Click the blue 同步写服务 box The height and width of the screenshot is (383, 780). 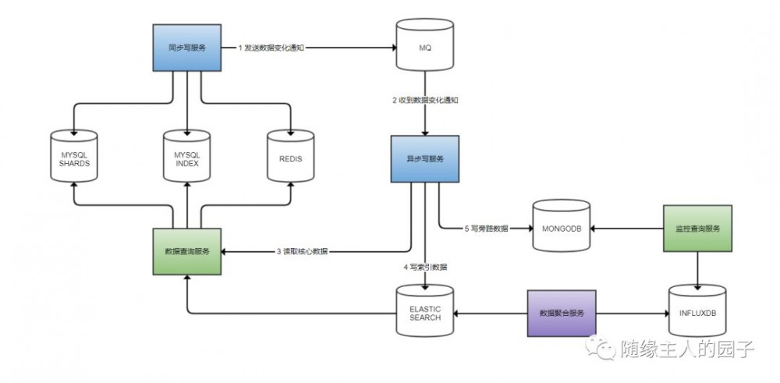click(x=187, y=48)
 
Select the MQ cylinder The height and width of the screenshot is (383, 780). click(x=424, y=48)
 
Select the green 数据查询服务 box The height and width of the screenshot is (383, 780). click(x=188, y=251)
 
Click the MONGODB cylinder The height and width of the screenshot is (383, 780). click(x=561, y=229)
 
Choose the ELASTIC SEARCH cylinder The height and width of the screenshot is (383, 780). click(x=424, y=313)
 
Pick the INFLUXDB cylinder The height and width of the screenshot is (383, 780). click(x=697, y=313)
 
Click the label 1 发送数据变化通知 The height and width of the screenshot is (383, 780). click(x=271, y=48)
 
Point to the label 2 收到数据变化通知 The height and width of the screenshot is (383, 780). click(x=425, y=101)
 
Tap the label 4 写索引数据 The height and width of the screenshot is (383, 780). click(x=425, y=268)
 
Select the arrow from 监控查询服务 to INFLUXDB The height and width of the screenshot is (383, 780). click(x=697, y=270)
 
